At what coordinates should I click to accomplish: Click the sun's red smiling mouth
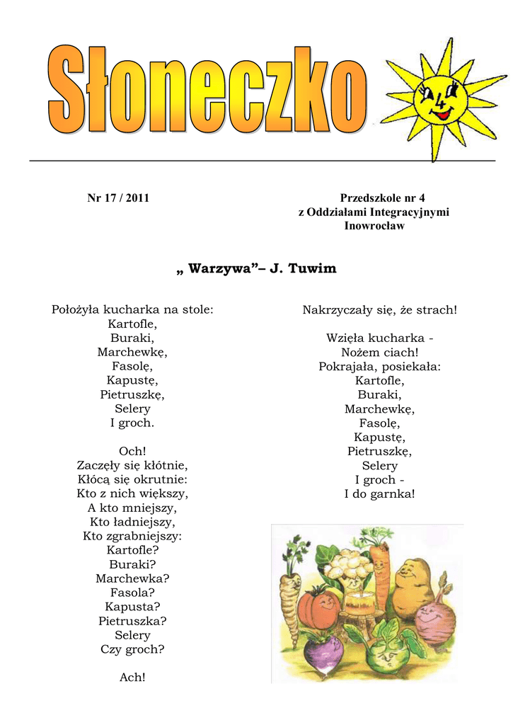[442, 113]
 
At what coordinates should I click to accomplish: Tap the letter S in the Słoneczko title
[67, 90]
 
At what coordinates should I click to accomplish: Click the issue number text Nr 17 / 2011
[118, 198]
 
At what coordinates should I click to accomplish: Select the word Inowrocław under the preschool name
[374, 226]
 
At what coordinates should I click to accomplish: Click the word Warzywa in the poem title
[220, 269]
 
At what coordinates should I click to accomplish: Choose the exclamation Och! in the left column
[132, 451]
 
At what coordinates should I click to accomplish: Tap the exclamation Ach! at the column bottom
[132, 678]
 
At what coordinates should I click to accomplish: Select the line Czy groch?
[132, 649]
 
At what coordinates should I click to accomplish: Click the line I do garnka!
[379, 494]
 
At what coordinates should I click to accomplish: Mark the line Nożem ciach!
[379, 353]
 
